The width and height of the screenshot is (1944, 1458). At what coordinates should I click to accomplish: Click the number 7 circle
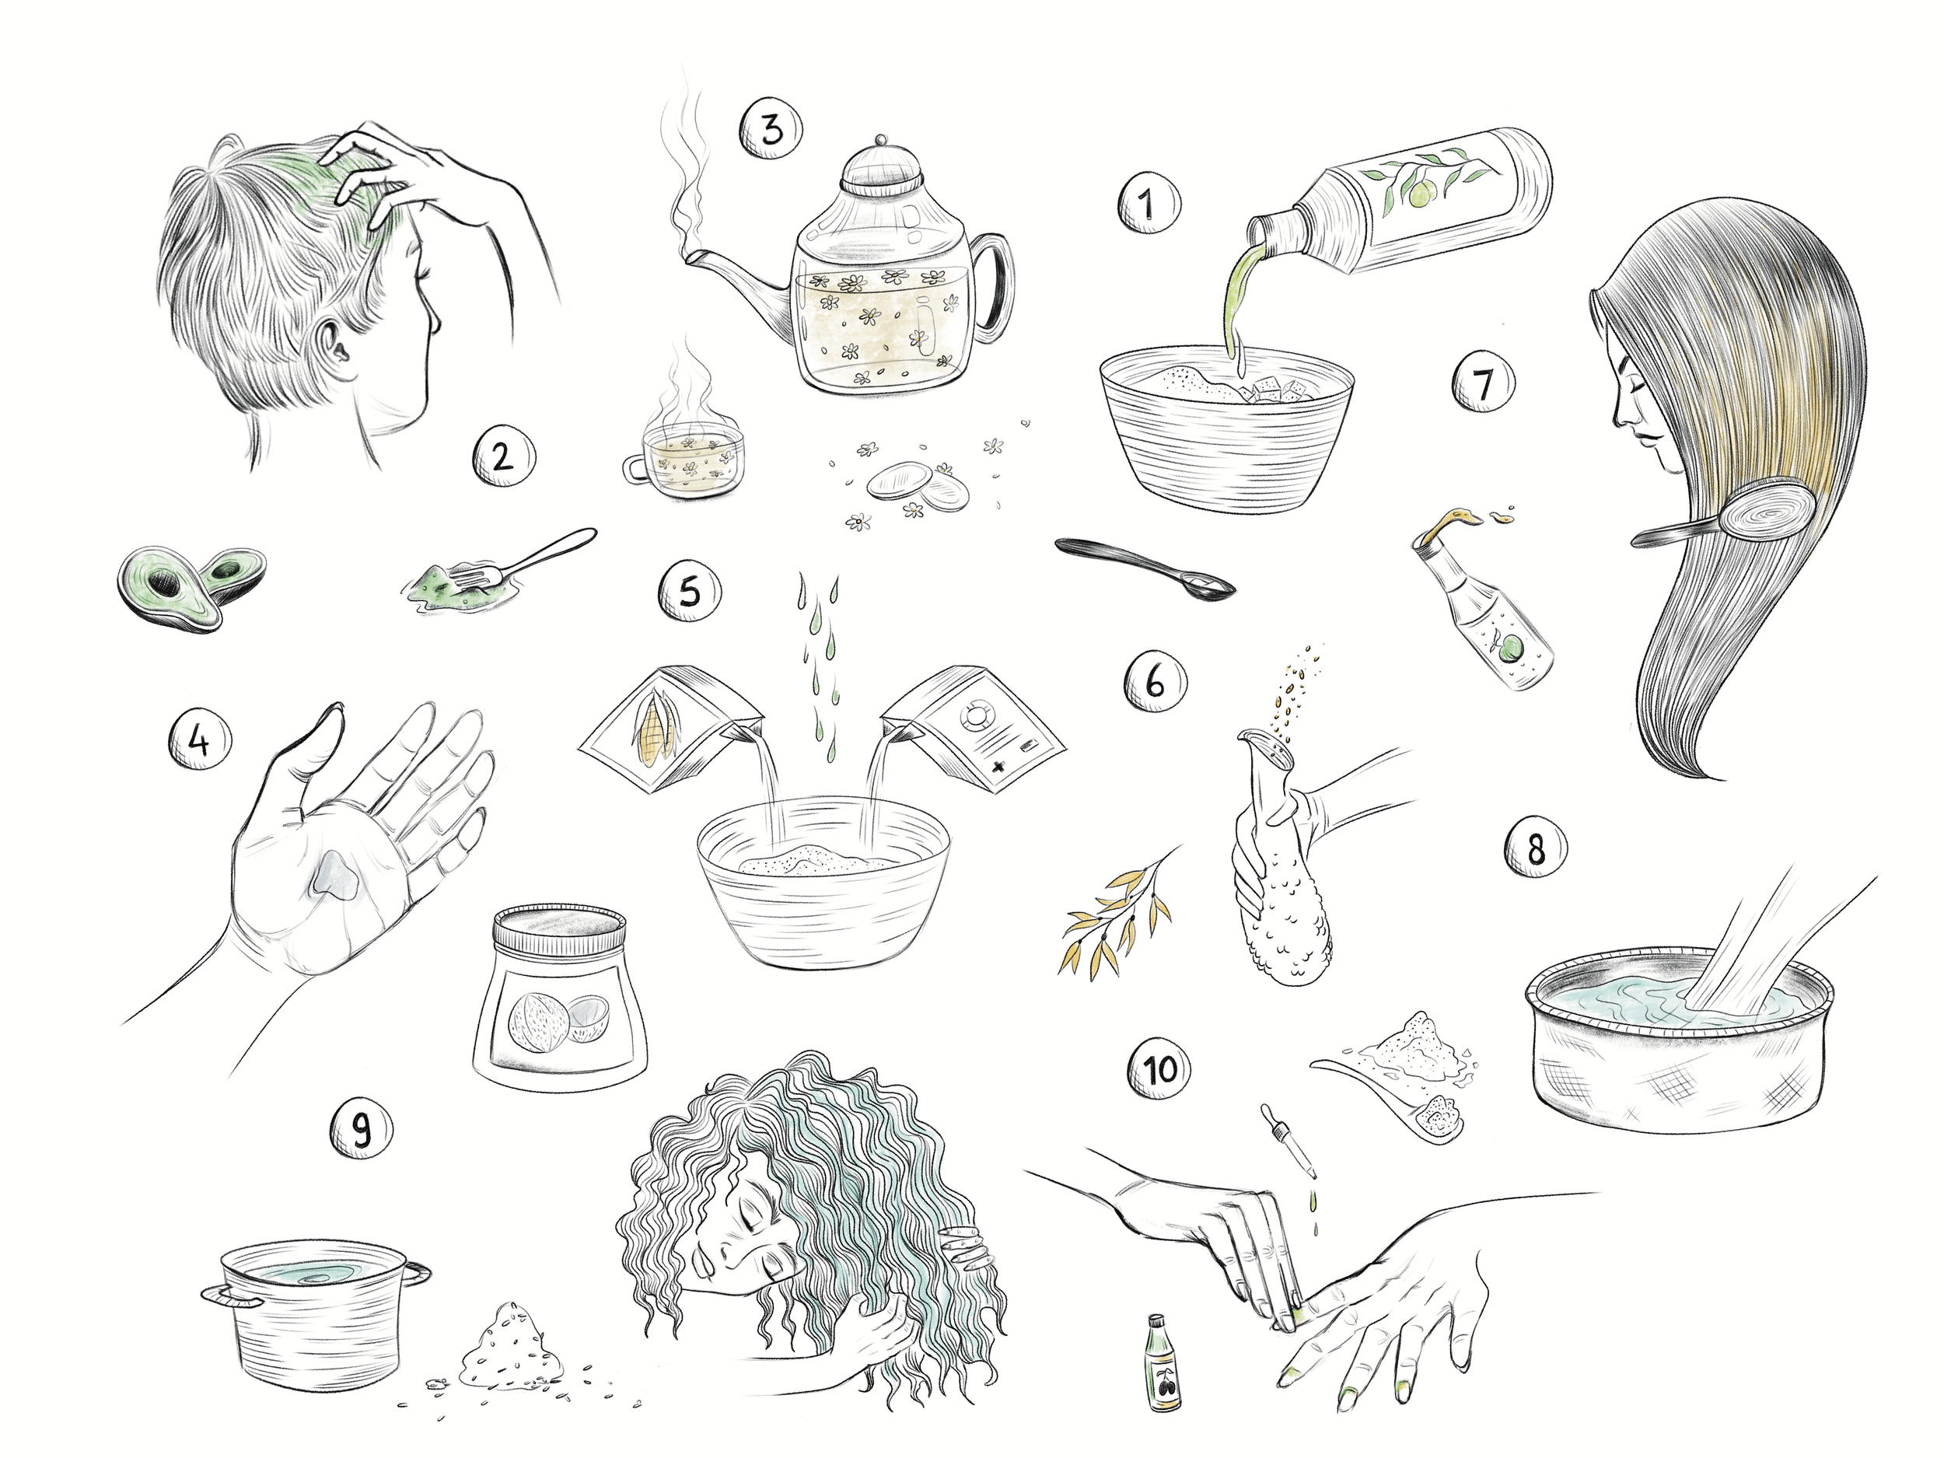(x=1484, y=384)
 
